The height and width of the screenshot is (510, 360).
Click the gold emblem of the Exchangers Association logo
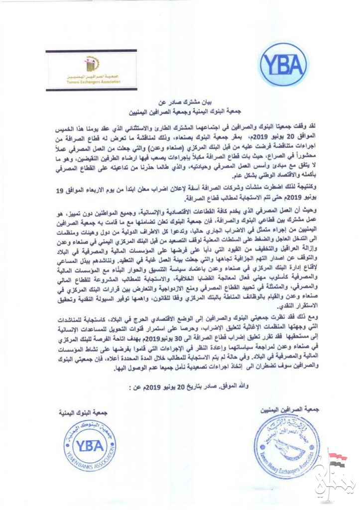pyautogui.click(x=92, y=63)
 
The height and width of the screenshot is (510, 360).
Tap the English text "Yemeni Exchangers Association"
pyautogui.click(x=92, y=83)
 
